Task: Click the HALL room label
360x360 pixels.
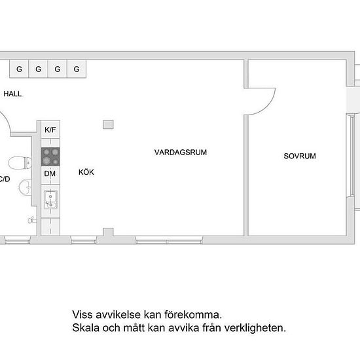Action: (x=12, y=94)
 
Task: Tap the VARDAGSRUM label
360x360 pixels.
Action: (x=181, y=153)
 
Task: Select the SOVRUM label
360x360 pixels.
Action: (x=300, y=156)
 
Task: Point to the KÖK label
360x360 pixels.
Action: (x=86, y=172)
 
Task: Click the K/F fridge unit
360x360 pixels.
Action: (x=50, y=130)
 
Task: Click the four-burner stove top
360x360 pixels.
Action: (x=50, y=157)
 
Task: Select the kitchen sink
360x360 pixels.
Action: (x=51, y=199)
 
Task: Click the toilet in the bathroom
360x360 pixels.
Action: (x=20, y=163)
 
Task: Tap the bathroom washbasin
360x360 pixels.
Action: (x=26, y=187)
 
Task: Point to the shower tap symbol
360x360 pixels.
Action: (x=32, y=220)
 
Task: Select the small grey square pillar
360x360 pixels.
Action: (x=108, y=124)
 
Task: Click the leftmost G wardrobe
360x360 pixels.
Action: (x=19, y=69)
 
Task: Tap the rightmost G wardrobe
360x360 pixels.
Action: (x=77, y=69)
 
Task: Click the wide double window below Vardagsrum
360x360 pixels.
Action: (x=169, y=240)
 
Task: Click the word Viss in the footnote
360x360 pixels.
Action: (x=82, y=315)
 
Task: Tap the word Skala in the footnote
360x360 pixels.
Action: (x=86, y=328)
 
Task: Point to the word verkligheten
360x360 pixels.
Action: (x=255, y=328)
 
